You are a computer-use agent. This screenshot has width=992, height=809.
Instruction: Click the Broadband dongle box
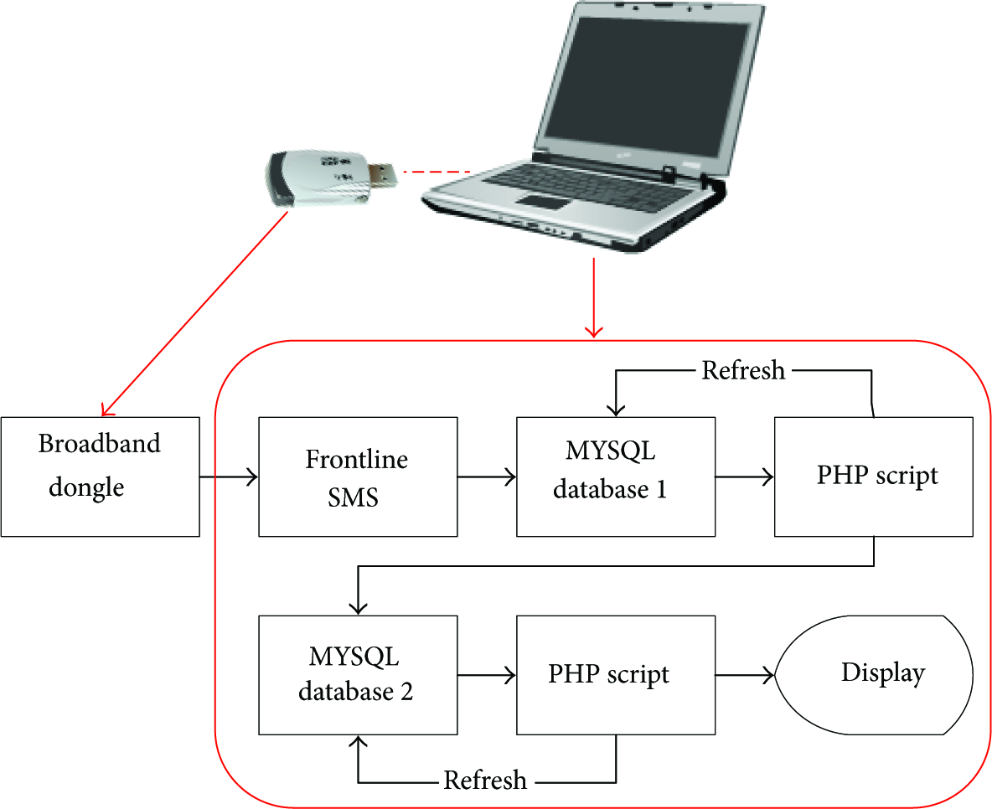tap(100, 477)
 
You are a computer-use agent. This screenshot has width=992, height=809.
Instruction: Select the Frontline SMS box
tap(358, 477)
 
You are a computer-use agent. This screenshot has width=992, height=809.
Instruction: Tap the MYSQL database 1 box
tap(616, 477)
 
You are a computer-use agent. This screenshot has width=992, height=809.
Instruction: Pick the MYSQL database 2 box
tap(358, 675)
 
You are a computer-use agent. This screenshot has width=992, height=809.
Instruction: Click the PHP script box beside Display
tap(616, 675)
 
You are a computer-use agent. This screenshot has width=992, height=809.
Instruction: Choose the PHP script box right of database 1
tap(874, 477)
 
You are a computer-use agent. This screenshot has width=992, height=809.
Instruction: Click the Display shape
tap(874, 675)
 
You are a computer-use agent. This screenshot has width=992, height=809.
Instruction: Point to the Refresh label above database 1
tap(743, 370)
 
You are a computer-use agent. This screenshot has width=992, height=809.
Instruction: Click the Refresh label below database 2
tap(485, 780)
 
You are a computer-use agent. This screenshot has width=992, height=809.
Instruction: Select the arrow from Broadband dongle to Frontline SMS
tap(229, 477)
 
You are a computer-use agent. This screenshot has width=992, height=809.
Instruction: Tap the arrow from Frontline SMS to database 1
tap(487, 477)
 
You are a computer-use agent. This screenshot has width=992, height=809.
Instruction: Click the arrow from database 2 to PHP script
tap(487, 676)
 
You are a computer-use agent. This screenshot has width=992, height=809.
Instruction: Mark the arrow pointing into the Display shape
tap(745, 676)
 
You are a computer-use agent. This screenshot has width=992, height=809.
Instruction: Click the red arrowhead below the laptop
tap(593, 331)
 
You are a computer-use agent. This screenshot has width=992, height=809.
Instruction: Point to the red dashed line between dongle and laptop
tap(437, 172)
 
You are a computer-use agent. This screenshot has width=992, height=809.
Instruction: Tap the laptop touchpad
tap(544, 203)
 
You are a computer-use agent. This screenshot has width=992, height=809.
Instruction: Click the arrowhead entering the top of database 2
tap(358, 607)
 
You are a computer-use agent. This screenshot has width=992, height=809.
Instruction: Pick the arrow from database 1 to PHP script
tap(745, 477)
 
